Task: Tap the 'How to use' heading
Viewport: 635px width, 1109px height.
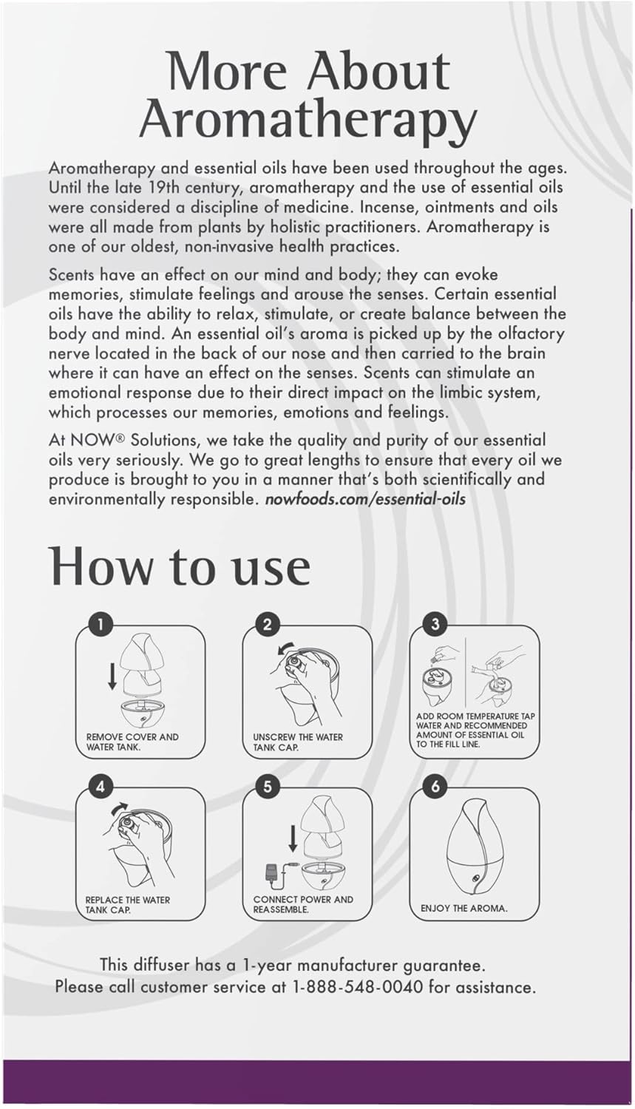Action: pyautogui.click(x=180, y=567)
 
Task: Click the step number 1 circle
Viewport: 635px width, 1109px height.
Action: pyautogui.click(x=101, y=625)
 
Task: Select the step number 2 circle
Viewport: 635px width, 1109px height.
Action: pyautogui.click(x=268, y=625)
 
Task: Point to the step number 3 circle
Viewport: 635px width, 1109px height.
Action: pyautogui.click(x=435, y=625)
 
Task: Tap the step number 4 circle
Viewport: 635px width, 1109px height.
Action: pyautogui.click(x=101, y=787)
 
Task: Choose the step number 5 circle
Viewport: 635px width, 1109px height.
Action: pyautogui.click(x=268, y=787)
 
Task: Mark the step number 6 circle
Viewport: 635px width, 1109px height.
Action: pyautogui.click(x=435, y=787)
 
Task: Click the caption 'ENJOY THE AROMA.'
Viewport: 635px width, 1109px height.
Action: pyautogui.click(x=464, y=908)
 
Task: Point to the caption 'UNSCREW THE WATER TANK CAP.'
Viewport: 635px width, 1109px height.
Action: pyautogui.click(x=297, y=742)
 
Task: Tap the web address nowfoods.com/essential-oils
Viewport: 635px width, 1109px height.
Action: pyautogui.click(x=364, y=498)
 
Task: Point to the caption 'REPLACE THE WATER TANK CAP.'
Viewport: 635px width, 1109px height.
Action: pyautogui.click(x=127, y=904)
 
